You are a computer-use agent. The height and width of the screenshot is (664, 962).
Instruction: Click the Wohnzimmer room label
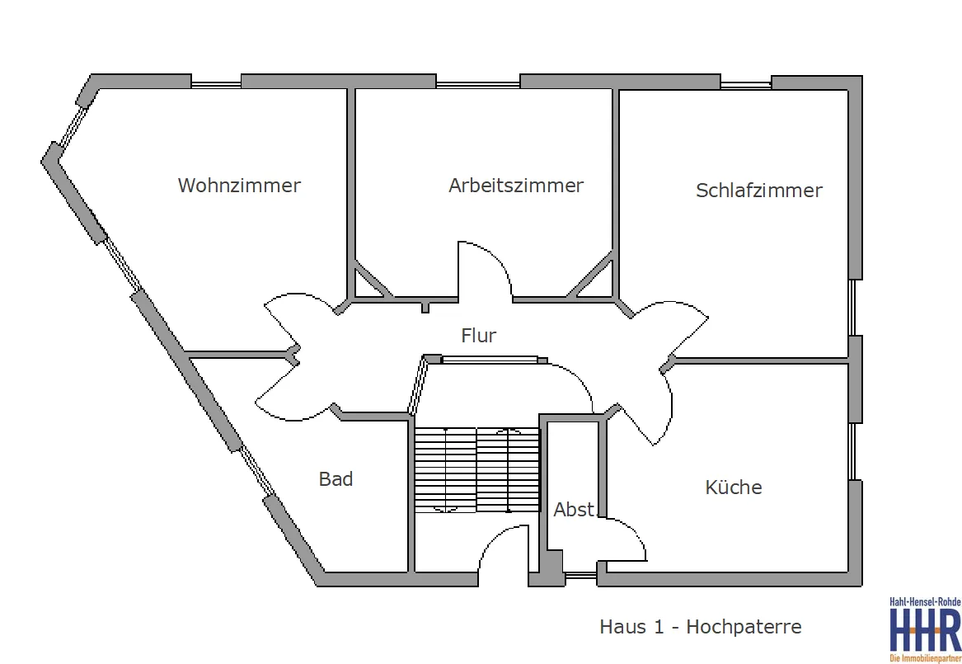[x=239, y=186]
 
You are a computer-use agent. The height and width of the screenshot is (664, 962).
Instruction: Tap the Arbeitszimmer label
[x=516, y=186]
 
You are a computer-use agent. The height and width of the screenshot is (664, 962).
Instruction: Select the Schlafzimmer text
[x=759, y=191]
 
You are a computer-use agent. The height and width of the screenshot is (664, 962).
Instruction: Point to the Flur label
[x=479, y=335]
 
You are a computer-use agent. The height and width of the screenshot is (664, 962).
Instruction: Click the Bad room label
[x=336, y=478]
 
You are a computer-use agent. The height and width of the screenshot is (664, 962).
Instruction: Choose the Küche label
[x=734, y=487]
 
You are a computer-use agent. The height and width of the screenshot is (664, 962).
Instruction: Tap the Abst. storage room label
[x=575, y=510]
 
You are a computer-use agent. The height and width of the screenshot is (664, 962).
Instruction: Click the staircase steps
[x=476, y=470]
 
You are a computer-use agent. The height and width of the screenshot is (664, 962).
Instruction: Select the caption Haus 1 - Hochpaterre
[x=701, y=627]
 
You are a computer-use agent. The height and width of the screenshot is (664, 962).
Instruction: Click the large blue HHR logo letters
[x=925, y=630]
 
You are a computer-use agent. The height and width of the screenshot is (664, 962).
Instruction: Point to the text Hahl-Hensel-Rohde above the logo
[x=925, y=602]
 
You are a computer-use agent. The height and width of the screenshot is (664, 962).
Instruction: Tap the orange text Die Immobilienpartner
[x=925, y=658]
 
